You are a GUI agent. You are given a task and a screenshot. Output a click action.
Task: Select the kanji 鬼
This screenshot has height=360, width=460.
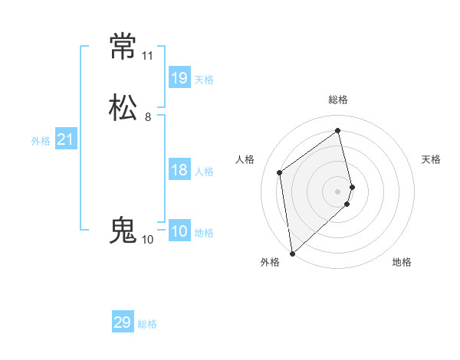pyautogui.click(x=123, y=230)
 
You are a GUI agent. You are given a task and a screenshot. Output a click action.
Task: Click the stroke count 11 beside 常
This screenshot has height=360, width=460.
pyautogui.click(x=147, y=56)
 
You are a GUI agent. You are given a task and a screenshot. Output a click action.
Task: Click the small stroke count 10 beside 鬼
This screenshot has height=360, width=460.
pyautogui.click(x=147, y=240)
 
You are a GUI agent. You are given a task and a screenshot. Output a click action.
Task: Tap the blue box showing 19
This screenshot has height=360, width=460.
pyautogui.click(x=179, y=78)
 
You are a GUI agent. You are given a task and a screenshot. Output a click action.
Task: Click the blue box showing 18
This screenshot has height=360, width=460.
pyautogui.click(x=179, y=170)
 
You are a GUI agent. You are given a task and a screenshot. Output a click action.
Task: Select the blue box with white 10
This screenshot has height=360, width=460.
pyautogui.click(x=179, y=231)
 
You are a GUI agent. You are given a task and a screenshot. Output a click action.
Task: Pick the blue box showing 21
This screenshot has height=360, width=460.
pyautogui.click(x=65, y=139)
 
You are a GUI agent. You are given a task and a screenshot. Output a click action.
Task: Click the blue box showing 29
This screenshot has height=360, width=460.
pyautogui.click(x=123, y=322)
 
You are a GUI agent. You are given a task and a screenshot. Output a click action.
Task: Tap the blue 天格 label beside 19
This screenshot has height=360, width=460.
pyautogui.click(x=204, y=80)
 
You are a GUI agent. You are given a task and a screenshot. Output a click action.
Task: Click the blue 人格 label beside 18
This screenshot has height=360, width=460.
pyautogui.click(x=204, y=172)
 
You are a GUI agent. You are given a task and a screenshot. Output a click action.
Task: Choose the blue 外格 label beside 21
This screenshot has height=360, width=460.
pyautogui.click(x=41, y=141)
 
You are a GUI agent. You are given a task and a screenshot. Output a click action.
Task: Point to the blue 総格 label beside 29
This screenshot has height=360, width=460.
pyautogui.click(x=147, y=324)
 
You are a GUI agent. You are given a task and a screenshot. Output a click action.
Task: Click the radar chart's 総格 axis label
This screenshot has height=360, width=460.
pyautogui.click(x=338, y=100)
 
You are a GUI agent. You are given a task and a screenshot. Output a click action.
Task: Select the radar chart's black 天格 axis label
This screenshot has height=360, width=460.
pyautogui.click(x=431, y=159)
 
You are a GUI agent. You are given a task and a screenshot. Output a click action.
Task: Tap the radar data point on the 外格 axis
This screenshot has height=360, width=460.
pyautogui.click(x=291, y=253)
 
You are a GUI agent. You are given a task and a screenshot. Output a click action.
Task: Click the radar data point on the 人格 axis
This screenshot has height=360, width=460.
pyautogui.click(x=280, y=172)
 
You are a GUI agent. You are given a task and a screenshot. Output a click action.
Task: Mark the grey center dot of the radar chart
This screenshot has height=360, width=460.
pyautogui.click(x=338, y=191)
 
